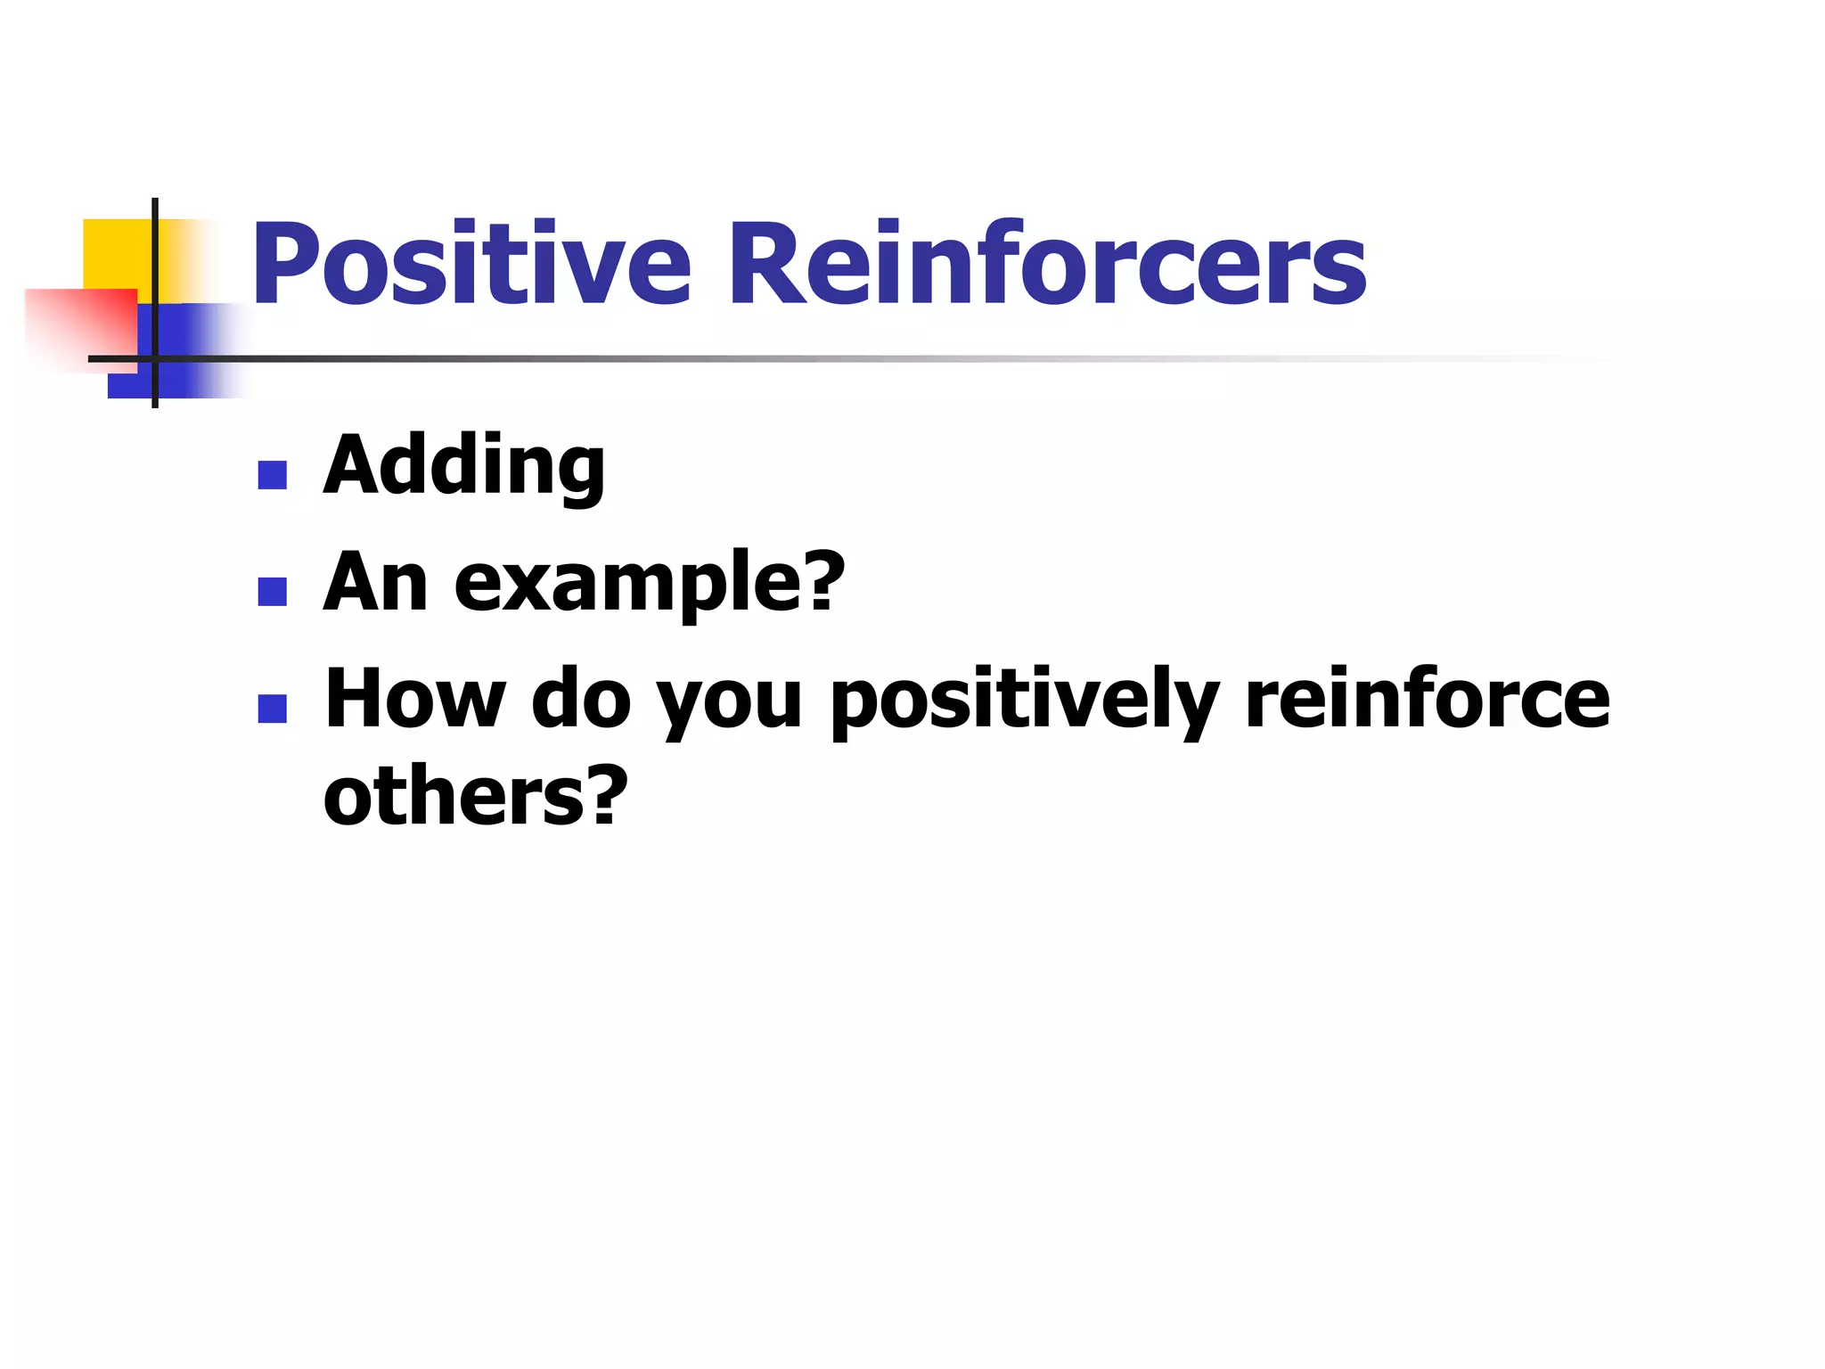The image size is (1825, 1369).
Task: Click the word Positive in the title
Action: click(x=471, y=265)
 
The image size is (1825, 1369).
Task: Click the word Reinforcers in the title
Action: click(x=1048, y=265)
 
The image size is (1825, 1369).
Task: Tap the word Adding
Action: click(x=463, y=466)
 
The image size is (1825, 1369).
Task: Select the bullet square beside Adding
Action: click(x=272, y=475)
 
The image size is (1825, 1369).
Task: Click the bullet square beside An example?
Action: click(x=272, y=592)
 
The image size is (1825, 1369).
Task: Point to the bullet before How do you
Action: click(x=272, y=709)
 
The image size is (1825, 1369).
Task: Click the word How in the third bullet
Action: click(x=415, y=699)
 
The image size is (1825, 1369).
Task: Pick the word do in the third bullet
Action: click(x=581, y=699)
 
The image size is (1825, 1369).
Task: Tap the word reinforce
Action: click(x=1427, y=699)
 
